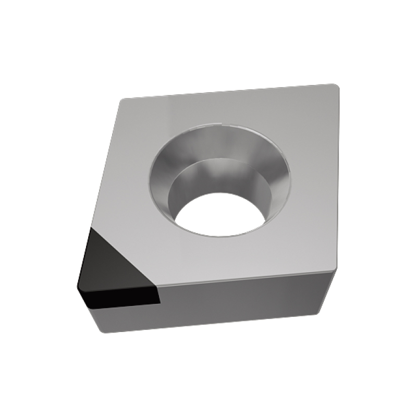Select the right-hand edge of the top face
[x=332, y=177]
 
